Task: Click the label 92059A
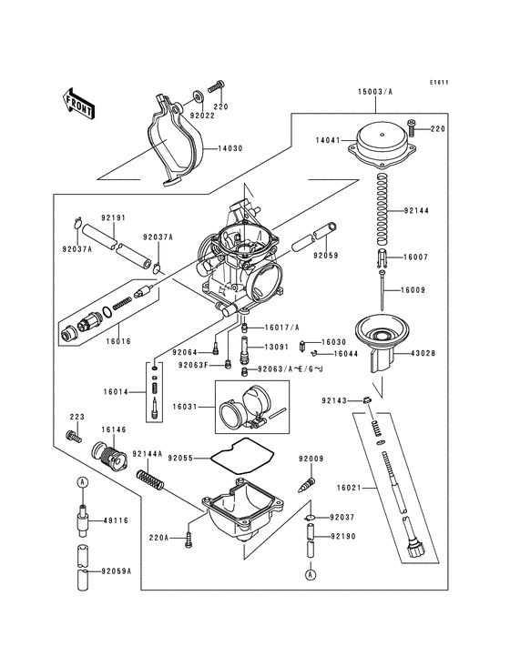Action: (x=117, y=571)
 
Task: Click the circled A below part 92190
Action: (x=311, y=575)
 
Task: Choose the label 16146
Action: (x=113, y=430)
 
